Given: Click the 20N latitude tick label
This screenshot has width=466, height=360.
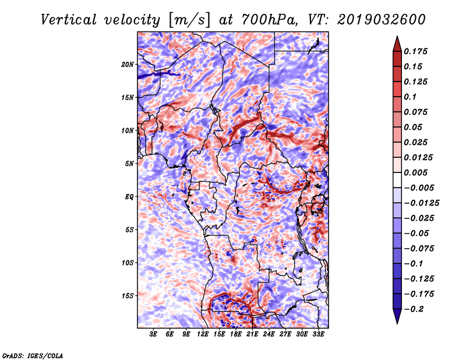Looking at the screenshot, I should coord(128,64).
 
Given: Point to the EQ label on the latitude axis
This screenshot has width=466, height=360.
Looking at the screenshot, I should coord(129,197).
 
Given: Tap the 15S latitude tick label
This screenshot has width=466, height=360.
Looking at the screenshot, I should coord(128,296).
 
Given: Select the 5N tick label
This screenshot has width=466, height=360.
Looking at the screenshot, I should coord(129,164).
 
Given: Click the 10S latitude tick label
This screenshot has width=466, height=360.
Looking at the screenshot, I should coord(128,263).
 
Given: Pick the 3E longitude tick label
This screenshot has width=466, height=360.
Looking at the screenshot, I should coord(154,334).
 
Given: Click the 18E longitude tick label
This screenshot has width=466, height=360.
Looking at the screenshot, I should coord(236,334).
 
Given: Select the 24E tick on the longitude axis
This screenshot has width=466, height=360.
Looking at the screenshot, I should coord(269,334).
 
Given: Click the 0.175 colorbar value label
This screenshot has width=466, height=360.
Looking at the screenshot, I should coord(416,51).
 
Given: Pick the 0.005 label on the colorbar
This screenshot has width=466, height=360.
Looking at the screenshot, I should coord(416,172).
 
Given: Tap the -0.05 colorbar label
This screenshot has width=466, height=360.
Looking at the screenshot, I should coord(416,233).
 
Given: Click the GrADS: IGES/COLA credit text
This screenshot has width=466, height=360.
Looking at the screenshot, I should coord(32,355).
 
